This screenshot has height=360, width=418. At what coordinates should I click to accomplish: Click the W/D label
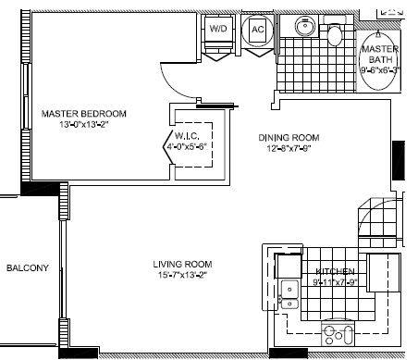click(x=218, y=30)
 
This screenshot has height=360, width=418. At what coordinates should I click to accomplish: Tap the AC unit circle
click(x=258, y=30)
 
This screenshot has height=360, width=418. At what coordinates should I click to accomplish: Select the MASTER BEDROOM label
click(x=84, y=114)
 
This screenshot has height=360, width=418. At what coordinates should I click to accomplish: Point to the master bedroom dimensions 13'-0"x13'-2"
click(x=84, y=127)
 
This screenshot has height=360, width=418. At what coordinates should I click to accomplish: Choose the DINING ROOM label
click(x=289, y=139)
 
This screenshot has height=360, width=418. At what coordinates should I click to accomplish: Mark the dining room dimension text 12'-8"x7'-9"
click(x=289, y=152)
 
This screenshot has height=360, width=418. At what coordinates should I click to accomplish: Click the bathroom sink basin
click(x=302, y=26)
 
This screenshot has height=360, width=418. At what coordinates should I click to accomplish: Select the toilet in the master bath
click(x=335, y=36)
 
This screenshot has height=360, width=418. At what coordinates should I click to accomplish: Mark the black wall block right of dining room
click(x=399, y=161)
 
